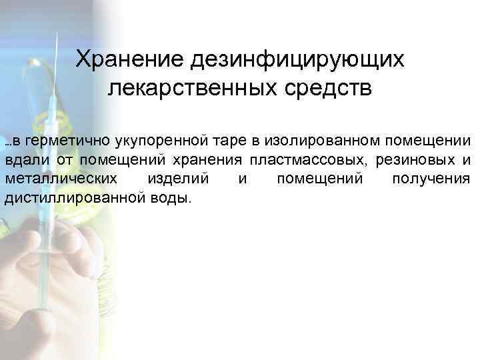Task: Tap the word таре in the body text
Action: (x=225, y=141)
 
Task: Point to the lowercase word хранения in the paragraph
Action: (x=208, y=160)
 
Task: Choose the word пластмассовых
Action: (x=307, y=160)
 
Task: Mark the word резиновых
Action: (x=415, y=160)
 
